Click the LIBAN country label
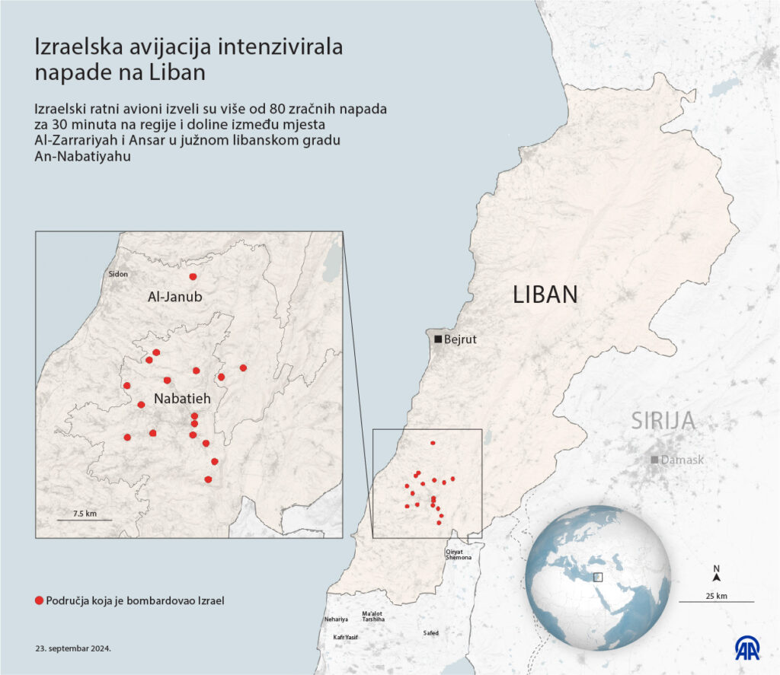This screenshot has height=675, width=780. pos(545,295)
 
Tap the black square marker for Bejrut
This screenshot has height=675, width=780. pos(438,339)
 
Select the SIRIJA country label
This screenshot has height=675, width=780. pos(663,421)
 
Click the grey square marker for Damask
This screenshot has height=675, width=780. pos(654,460)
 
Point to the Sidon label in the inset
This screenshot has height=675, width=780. pos(118,274)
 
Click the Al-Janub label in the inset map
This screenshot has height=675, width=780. pos(174,298)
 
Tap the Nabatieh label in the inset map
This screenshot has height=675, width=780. pos(181,398)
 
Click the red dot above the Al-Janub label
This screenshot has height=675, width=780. pos(193,277)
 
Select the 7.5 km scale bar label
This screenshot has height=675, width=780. pos(85,514)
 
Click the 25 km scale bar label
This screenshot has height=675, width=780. pos(716,594)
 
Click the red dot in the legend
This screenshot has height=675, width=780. pos(39,600)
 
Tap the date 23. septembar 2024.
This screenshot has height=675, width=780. pos(73,649)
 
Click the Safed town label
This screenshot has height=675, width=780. pos(430,633)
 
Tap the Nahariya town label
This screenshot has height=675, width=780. pos(336,619)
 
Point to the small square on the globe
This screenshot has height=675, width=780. pos(598,577)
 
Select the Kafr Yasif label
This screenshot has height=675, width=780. pos(340,637)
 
